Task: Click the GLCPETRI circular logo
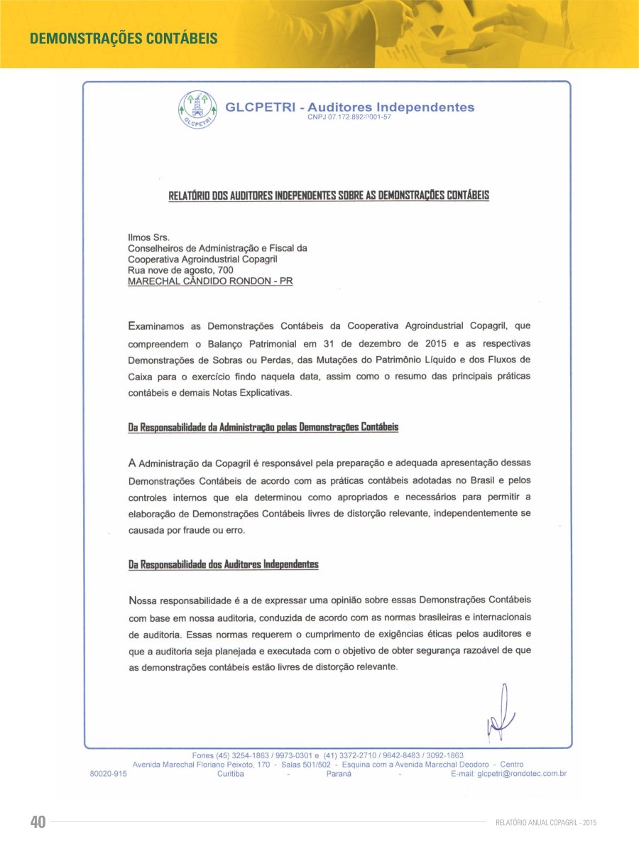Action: [197, 111]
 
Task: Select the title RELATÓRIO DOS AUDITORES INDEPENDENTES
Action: [329, 195]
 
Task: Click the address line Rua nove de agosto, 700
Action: [180, 270]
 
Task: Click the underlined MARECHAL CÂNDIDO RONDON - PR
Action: [210, 281]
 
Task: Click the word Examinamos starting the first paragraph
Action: [158, 326]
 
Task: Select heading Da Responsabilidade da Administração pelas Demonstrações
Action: [263, 428]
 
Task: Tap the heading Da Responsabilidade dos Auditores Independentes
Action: [224, 564]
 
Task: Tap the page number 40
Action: [38, 822]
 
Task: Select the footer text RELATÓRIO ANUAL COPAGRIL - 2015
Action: [546, 822]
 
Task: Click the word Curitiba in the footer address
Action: [231, 774]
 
